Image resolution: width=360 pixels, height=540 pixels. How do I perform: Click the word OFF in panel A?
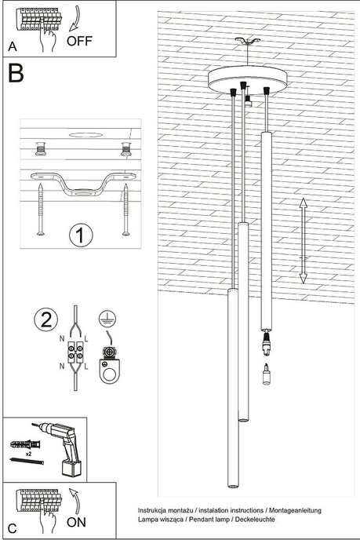(x=81, y=41)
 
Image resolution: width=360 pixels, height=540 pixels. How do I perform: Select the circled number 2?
(x=46, y=319)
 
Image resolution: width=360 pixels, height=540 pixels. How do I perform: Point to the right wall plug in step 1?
(x=125, y=147)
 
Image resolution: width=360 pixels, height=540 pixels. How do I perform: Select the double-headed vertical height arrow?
(x=303, y=240)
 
